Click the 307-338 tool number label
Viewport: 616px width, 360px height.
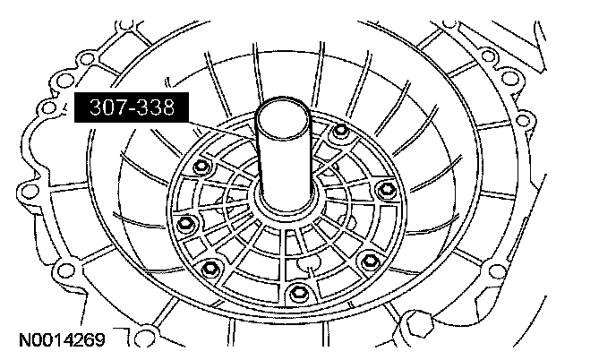tap(132, 107)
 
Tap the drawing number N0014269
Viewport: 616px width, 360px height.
tap(62, 340)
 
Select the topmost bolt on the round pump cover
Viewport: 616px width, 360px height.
tap(340, 130)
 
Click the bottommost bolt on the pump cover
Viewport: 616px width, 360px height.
tap(297, 293)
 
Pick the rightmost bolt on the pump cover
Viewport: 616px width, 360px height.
tap(386, 191)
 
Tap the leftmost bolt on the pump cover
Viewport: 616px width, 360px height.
tap(184, 225)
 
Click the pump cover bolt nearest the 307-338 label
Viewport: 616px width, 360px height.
tap(201, 167)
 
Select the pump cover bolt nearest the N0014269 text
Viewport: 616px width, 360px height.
tap(210, 269)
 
